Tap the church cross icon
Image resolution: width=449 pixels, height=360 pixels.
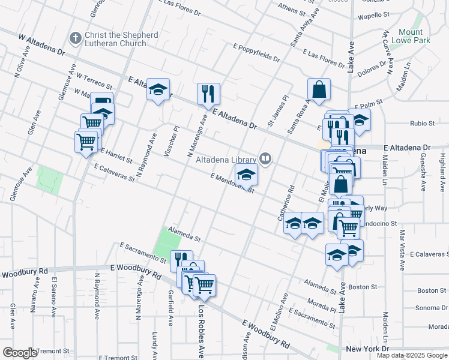pos(75,38)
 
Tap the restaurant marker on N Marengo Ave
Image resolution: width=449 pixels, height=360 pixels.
pos(208,94)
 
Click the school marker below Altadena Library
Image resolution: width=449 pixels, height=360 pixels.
pos(246,175)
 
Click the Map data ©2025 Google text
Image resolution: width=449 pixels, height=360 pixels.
pos(411,355)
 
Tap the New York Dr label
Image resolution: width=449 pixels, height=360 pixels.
pos(367,349)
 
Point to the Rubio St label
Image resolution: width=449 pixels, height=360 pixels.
pos(422,124)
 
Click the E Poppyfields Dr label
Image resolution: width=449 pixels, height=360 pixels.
pos(256,53)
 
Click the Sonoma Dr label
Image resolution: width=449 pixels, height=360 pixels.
pos(432,308)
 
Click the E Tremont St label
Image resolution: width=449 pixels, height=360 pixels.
pos(118,357)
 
